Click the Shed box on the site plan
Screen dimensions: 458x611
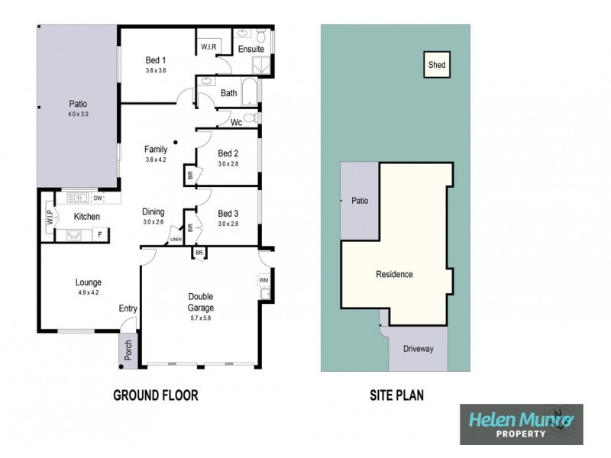pos(437,66)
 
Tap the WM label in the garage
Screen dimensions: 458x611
pos(265,280)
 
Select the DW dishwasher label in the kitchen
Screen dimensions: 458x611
pos(97,198)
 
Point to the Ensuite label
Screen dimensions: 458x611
pos(251,50)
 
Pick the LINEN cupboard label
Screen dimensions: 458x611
pos(176,240)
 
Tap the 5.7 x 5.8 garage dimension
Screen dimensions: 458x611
pos(201,307)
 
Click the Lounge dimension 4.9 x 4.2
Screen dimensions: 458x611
pos(89,292)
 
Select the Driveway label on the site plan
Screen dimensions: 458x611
pos(418,349)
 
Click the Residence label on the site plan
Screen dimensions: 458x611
pos(394,275)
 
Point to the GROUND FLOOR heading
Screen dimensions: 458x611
pos(156,395)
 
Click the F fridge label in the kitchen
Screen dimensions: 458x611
pos(99,235)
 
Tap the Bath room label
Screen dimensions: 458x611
pos(228,93)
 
